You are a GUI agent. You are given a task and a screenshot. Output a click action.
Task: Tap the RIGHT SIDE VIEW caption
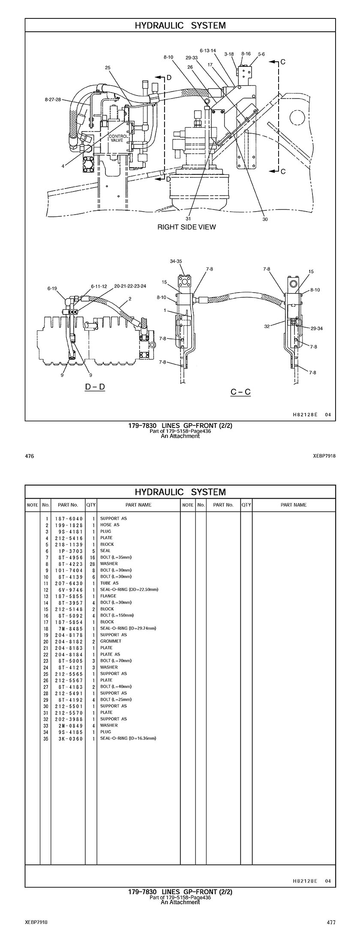pyautogui.click(x=186, y=227)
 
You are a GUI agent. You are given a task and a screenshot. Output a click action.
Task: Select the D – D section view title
pyautogui.click(x=95, y=387)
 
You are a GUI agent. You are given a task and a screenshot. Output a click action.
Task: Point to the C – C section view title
pyautogui.click(x=240, y=392)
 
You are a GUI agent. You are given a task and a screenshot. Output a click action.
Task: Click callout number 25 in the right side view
pyautogui.click(x=108, y=68)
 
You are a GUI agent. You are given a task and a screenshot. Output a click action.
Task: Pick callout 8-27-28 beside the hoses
pyautogui.click(x=53, y=99)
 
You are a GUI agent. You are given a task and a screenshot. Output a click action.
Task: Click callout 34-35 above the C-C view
pyautogui.click(x=176, y=261)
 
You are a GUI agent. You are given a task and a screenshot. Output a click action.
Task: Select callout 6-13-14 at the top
pyautogui.click(x=208, y=51)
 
